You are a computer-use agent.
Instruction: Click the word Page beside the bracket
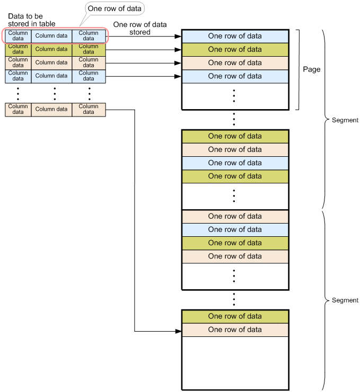(312, 69)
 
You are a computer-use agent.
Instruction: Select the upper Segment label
(345, 120)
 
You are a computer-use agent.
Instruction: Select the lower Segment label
(345, 300)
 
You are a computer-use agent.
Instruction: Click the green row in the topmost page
(235, 49)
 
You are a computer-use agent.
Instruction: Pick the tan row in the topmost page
(235, 63)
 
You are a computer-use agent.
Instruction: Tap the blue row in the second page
(235, 163)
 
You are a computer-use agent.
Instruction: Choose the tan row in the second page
(235, 149)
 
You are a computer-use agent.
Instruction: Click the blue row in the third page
(235, 229)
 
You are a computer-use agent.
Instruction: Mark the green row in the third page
(235, 243)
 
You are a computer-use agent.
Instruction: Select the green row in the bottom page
(235, 316)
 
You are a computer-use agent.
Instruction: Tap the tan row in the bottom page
(235, 329)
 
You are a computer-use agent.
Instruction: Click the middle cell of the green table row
(51, 49)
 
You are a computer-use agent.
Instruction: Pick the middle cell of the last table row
(51, 109)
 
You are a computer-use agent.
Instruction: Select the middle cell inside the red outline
(51, 35)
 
